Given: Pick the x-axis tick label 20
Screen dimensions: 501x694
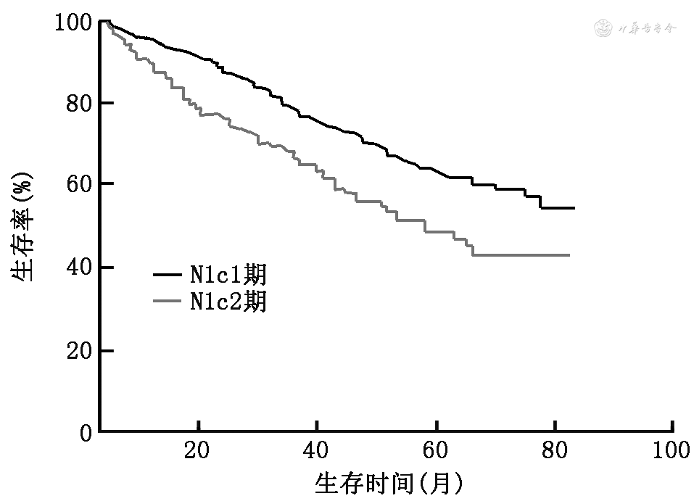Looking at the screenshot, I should click(x=197, y=451).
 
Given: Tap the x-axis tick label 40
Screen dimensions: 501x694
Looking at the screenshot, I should click(x=317, y=451).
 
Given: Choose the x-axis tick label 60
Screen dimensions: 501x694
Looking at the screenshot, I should click(x=436, y=451).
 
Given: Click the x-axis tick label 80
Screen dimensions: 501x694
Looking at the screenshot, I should click(x=555, y=451).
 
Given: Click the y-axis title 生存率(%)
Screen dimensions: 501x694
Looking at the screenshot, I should click(x=22, y=228).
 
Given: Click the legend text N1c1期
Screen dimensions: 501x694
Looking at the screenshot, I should click(x=228, y=275).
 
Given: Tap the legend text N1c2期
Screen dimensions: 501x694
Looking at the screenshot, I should click(x=228, y=300).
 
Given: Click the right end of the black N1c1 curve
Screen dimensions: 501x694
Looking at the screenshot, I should click(x=574, y=208).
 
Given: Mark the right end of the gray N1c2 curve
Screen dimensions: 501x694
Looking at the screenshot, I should click(x=569, y=255).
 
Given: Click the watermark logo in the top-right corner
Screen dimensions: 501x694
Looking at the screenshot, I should click(x=603, y=29).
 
